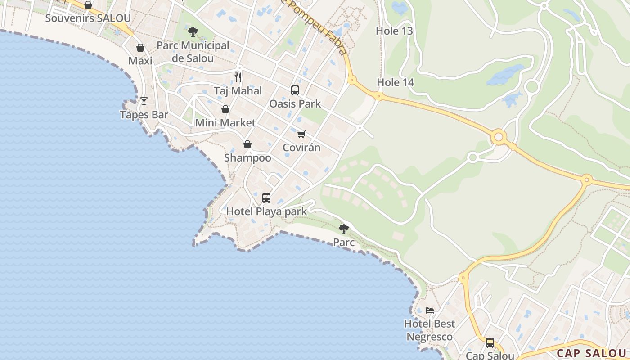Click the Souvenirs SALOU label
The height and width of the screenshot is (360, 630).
88,18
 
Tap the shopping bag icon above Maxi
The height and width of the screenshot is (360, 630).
140,48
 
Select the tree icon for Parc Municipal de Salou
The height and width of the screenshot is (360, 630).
193,32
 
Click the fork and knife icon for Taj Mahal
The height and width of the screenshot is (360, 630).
238,77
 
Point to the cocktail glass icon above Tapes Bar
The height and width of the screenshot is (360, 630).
144,101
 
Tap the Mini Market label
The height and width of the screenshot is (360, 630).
225,123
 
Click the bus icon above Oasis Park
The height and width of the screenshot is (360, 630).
295,90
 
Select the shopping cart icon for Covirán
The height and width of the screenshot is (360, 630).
301,134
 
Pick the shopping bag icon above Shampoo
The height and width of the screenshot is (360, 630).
247,144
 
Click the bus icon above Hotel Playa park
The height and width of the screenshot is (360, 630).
266,198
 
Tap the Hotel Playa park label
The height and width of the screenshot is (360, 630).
266,211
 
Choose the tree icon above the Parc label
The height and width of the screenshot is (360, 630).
344,229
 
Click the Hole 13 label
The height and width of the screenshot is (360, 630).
395,31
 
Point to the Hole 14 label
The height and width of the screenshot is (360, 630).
396,82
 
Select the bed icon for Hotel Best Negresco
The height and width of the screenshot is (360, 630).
430,310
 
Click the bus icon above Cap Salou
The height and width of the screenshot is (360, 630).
490,343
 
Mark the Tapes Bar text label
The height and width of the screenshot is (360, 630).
144,115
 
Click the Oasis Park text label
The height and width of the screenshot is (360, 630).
295,104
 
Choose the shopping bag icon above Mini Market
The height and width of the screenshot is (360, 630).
225,109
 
